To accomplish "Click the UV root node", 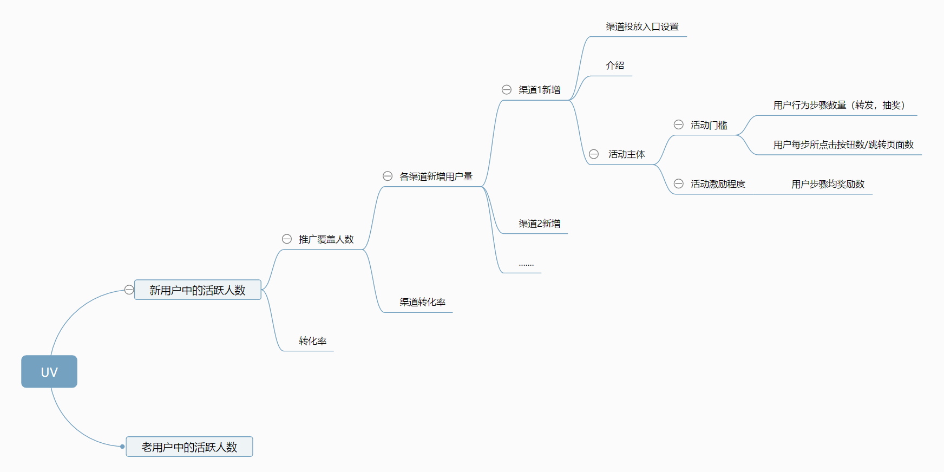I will pyautogui.click(x=49, y=372).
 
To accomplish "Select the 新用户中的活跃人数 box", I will pyautogui.click(x=198, y=290).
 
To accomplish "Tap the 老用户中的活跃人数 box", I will pyautogui.click(x=189, y=447).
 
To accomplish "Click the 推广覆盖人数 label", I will pyautogui.click(x=326, y=239).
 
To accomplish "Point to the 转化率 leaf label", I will pyautogui.click(x=313, y=341).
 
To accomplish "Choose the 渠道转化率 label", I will pyautogui.click(x=422, y=302).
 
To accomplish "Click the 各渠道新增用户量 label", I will pyautogui.click(x=436, y=176).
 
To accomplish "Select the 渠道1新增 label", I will pyautogui.click(x=539, y=90).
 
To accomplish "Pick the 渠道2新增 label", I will pyautogui.click(x=539, y=224).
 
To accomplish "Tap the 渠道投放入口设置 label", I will pyautogui.click(x=642, y=27).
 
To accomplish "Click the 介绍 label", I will pyautogui.click(x=615, y=65).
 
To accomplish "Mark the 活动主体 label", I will pyautogui.click(x=626, y=154).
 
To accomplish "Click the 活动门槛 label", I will pyautogui.click(x=709, y=125).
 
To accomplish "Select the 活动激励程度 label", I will pyautogui.click(x=718, y=184).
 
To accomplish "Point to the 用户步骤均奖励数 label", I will pyautogui.click(x=828, y=184).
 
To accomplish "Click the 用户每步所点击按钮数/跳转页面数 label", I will pyautogui.click(x=843, y=145).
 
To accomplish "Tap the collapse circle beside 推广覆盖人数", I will pyautogui.click(x=287, y=239).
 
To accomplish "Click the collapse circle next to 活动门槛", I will pyautogui.click(x=678, y=124).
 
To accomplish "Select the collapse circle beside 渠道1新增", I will pyautogui.click(x=507, y=89).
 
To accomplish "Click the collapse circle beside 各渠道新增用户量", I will pyautogui.click(x=388, y=176).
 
